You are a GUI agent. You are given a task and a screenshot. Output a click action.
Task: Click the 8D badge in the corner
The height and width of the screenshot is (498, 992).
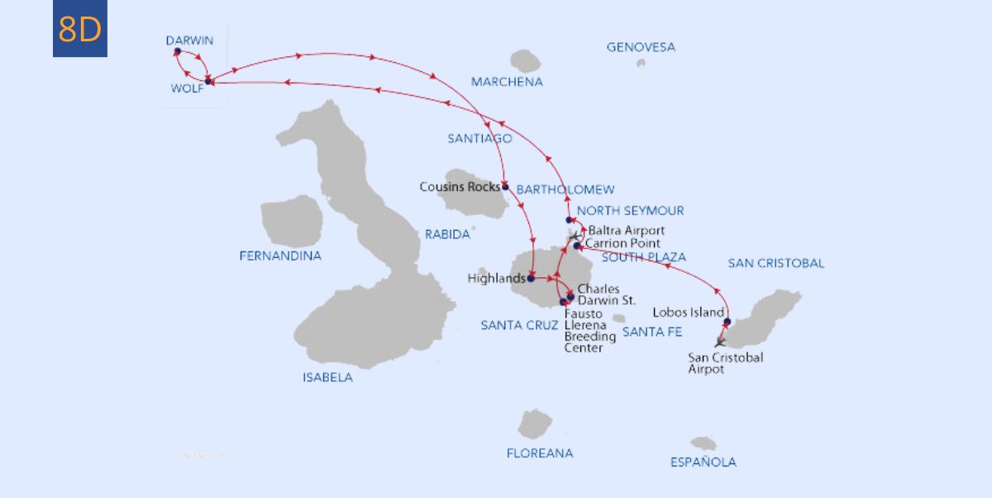[x=80, y=30]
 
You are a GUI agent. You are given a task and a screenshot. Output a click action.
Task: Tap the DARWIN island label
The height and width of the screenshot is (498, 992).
[x=189, y=41]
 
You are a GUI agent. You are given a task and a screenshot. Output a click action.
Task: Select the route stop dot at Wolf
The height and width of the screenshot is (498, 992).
[x=208, y=80]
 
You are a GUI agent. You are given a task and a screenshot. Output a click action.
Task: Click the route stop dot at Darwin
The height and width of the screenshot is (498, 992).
[x=178, y=51]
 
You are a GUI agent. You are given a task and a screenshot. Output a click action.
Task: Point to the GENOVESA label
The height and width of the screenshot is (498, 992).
[x=641, y=47]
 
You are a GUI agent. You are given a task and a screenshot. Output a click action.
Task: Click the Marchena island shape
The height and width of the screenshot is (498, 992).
[x=525, y=60]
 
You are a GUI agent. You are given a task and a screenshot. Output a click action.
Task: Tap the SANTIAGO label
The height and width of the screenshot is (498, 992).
[x=479, y=139]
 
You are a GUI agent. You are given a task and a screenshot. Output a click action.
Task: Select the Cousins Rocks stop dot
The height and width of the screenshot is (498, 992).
[x=505, y=187]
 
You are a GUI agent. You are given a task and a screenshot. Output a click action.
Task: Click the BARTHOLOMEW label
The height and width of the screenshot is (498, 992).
[x=565, y=190]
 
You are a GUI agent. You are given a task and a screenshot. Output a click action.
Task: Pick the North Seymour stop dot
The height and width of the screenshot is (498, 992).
[x=569, y=220]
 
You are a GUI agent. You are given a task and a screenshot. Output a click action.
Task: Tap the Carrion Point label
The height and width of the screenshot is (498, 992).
[x=622, y=243]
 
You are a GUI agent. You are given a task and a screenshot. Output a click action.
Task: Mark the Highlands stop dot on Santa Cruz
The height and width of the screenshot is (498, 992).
[x=530, y=279]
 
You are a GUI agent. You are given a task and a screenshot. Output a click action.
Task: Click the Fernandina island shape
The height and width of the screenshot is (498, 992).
[x=291, y=221]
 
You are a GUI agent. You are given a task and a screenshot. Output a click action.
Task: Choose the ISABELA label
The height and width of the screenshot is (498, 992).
[x=327, y=378]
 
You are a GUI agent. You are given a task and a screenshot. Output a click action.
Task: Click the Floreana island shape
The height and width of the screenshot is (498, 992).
[x=535, y=424]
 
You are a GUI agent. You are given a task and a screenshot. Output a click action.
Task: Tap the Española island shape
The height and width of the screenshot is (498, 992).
[x=703, y=443]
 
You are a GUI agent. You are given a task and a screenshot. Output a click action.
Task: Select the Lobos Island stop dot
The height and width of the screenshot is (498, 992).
[x=727, y=322]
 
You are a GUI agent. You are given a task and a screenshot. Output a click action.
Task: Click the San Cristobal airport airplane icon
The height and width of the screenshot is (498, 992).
[x=720, y=341]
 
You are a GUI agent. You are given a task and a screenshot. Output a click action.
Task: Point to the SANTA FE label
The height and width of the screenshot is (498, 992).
[x=652, y=332]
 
